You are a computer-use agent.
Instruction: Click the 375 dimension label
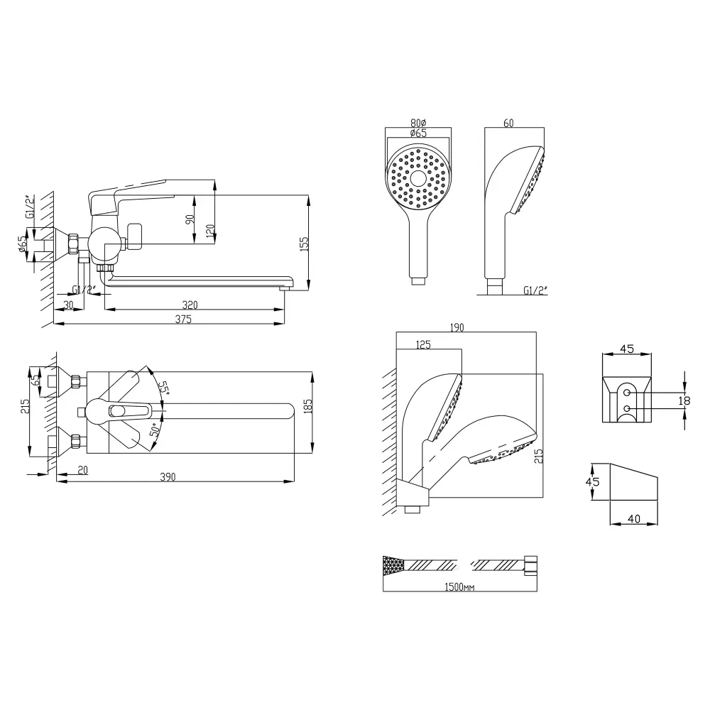point(183,319)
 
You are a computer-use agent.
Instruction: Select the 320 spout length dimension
point(190,305)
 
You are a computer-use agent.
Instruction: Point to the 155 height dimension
point(304,244)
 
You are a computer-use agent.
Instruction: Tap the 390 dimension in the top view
point(168,477)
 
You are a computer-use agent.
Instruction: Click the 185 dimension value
point(308,407)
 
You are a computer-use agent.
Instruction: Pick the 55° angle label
point(163,388)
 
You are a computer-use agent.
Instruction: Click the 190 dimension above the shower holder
point(457,327)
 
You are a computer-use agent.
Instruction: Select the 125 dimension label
point(423,344)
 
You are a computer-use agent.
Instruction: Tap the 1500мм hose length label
point(459,587)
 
